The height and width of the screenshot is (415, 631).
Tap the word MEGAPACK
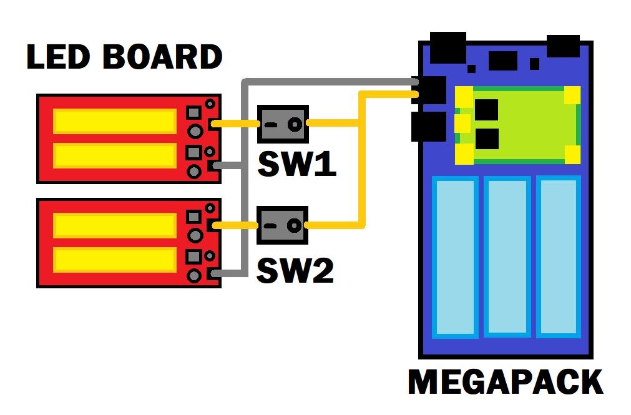pyautogui.click(x=505, y=382)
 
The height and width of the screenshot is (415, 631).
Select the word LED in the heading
pyautogui.click(x=59, y=57)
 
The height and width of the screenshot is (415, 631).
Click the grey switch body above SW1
pyautogui.click(x=283, y=124)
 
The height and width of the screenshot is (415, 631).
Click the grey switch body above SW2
pyautogui.click(x=283, y=225)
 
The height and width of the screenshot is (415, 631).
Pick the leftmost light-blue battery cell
pyautogui.click(x=455, y=256)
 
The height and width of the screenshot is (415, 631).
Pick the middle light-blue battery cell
pyautogui.click(x=507, y=256)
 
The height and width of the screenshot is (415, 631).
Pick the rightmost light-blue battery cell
pyautogui.click(x=559, y=256)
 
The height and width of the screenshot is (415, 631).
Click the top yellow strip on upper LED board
pyautogui.click(x=114, y=120)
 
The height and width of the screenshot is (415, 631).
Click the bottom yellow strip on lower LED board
pyautogui.click(x=114, y=259)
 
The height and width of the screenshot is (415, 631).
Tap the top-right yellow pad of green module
pyautogui.click(x=572, y=95)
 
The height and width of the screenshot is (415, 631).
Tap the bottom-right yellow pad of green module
pyautogui.click(x=572, y=153)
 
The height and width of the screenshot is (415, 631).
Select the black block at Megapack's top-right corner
pyautogui.click(x=562, y=46)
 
